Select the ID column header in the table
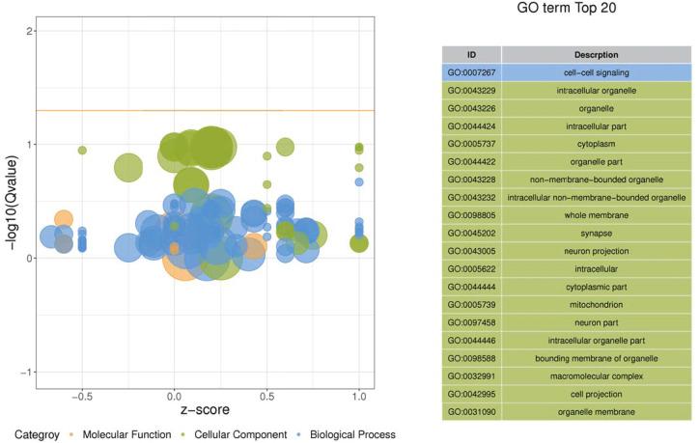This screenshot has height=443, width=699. click(x=471, y=54)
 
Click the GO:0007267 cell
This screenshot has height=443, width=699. click(x=471, y=72)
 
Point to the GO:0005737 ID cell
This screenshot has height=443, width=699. click(x=471, y=144)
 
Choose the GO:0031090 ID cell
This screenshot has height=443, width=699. click(x=471, y=412)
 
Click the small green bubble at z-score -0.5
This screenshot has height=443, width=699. click(x=82, y=151)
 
